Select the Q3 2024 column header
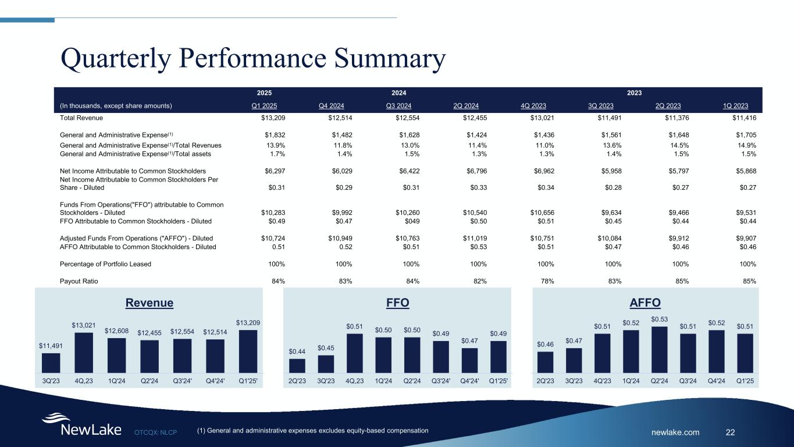point(398,106)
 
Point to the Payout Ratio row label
point(79,281)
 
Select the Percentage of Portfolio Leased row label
point(105,264)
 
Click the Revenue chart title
point(149,303)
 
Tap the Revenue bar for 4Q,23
point(84,352)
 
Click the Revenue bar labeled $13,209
point(248,350)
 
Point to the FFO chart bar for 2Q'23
point(297,365)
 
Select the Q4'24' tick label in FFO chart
point(469,381)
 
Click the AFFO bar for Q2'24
point(660,349)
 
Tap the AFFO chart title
point(645,303)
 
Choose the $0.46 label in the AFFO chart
point(546,345)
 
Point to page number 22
point(731,432)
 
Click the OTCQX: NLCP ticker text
point(155,432)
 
